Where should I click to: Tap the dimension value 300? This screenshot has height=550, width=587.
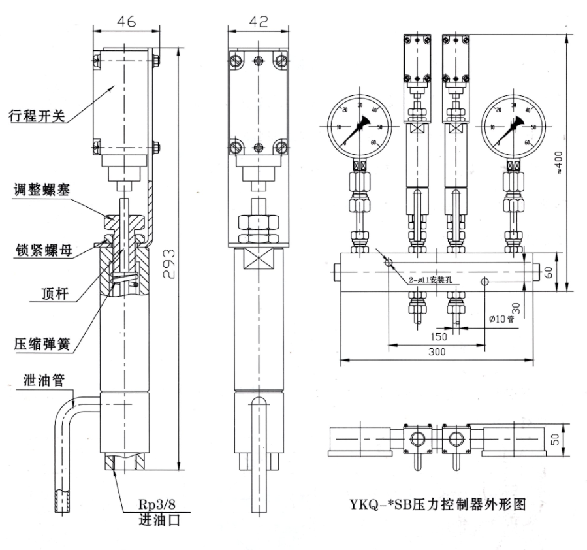coord(436,351)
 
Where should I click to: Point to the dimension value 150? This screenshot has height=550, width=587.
coord(438,336)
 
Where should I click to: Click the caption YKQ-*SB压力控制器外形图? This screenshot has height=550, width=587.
coord(438,505)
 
